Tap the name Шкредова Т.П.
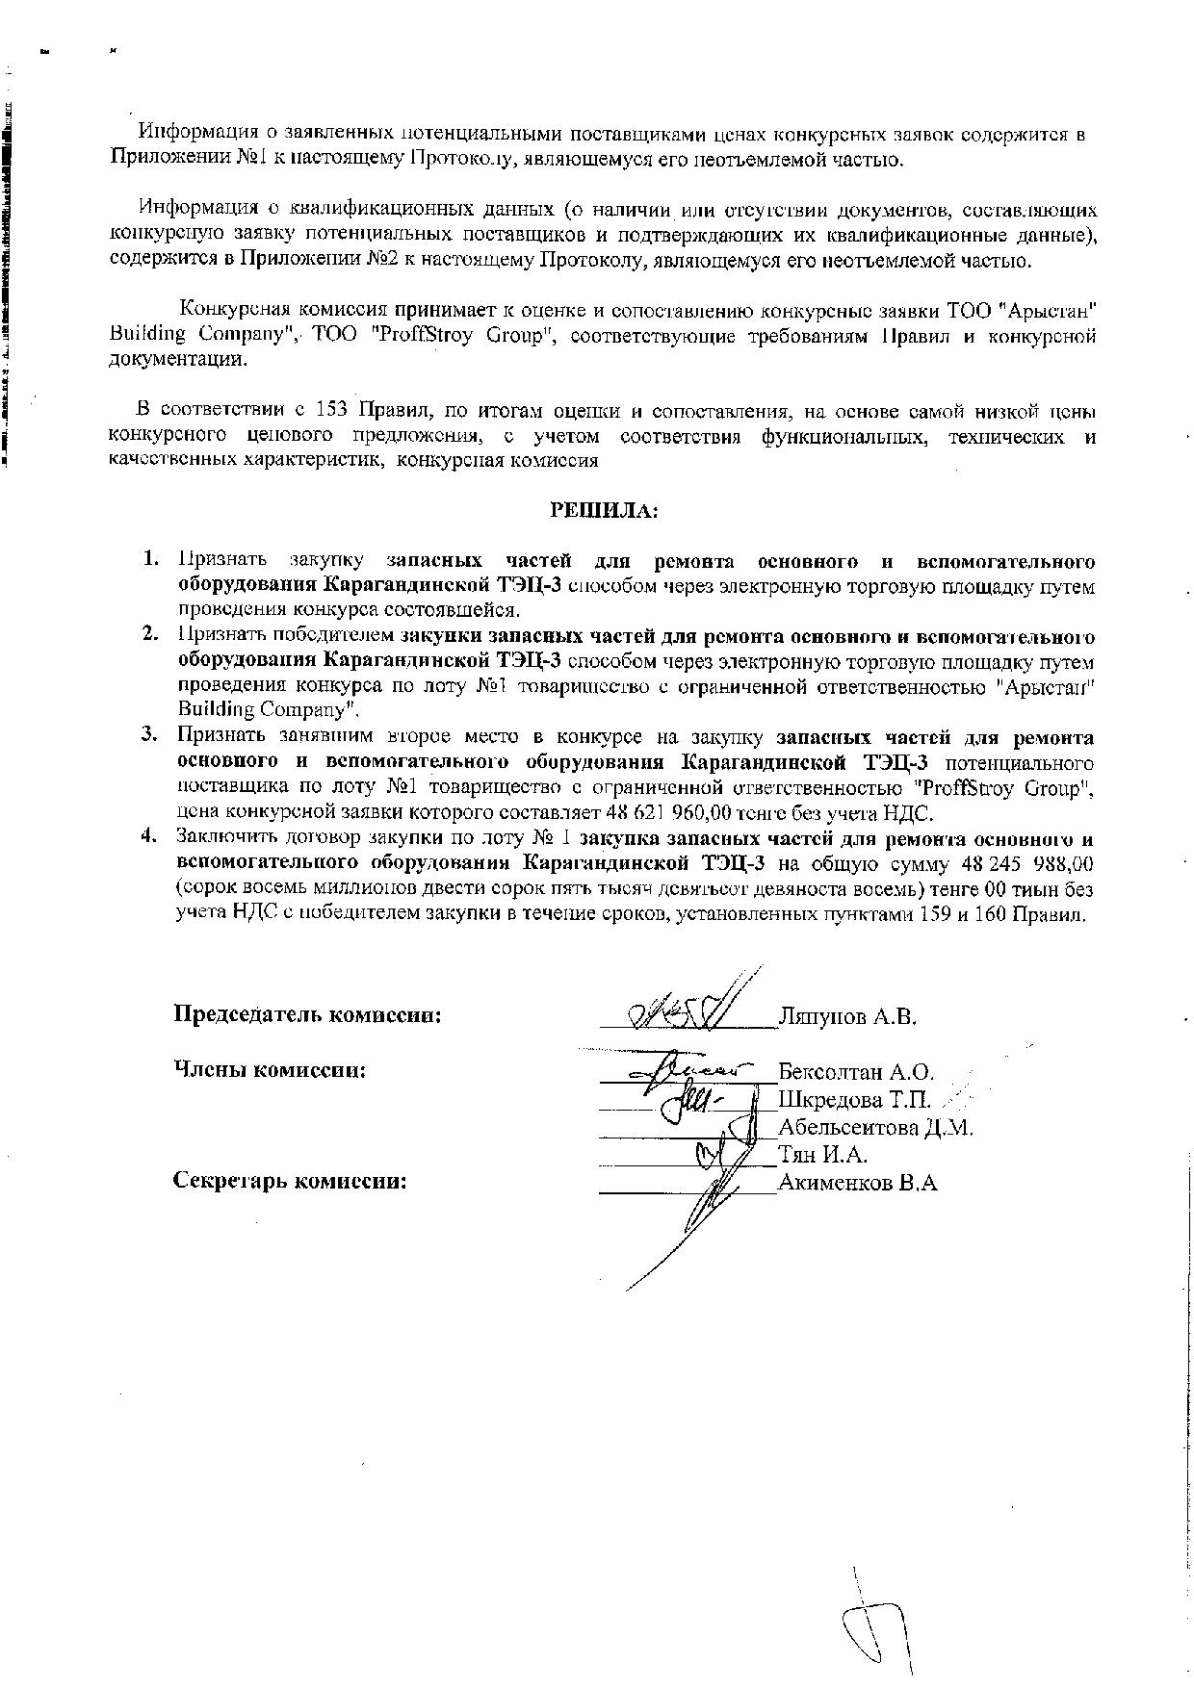pyautogui.click(x=854, y=1099)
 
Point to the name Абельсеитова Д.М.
pyautogui.click(x=875, y=1127)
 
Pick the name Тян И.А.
pyautogui.click(x=822, y=1155)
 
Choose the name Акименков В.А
pyautogui.click(x=857, y=1183)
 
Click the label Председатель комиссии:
pyautogui.click(x=307, y=1014)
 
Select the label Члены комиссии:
pyautogui.click(x=270, y=1069)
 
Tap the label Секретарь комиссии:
pyautogui.click(x=290, y=1181)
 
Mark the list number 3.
pyautogui.click(x=149, y=735)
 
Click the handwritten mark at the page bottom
pyautogui.click(x=876, y=1626)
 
